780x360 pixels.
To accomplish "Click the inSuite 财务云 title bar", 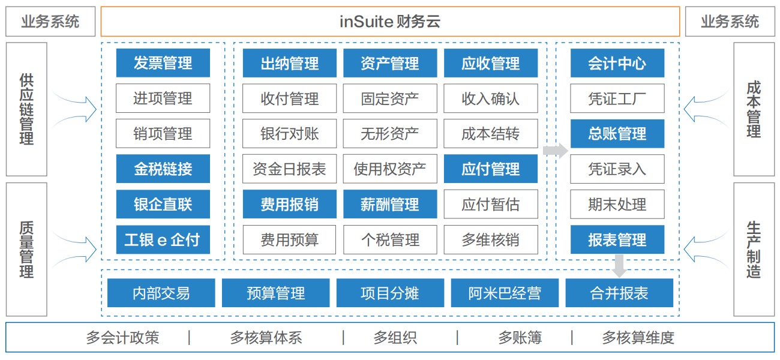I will tap(390, 22).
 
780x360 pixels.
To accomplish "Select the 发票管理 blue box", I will tap(163, 63).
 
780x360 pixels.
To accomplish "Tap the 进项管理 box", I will tap(163, 98).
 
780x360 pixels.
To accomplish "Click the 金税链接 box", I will tap(163, 169).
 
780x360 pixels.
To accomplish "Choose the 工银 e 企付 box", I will tap(163, 239).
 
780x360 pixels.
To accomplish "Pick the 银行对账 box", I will tap(289, 133).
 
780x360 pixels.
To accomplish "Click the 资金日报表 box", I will tap(289, 169).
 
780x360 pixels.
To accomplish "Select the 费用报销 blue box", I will tap(289, 204).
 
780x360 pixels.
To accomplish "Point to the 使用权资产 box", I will tap(390, 169).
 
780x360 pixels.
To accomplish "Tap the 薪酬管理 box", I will tap(390, 204).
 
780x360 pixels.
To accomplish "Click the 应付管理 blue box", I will tap(491, 169).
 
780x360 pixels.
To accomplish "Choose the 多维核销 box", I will tap(491, 239).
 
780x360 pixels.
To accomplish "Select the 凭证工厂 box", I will tap(617, 98).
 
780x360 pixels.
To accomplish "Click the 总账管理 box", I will tap(617, 133).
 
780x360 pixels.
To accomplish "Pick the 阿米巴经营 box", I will tap(505, 293).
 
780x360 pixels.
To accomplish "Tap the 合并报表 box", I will tap(619, 293).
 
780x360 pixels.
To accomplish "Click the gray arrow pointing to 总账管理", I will tap(555, 151).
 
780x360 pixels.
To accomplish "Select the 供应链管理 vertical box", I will tap(26, 109).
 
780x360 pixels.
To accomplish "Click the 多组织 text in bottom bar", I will tap(395, 338).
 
